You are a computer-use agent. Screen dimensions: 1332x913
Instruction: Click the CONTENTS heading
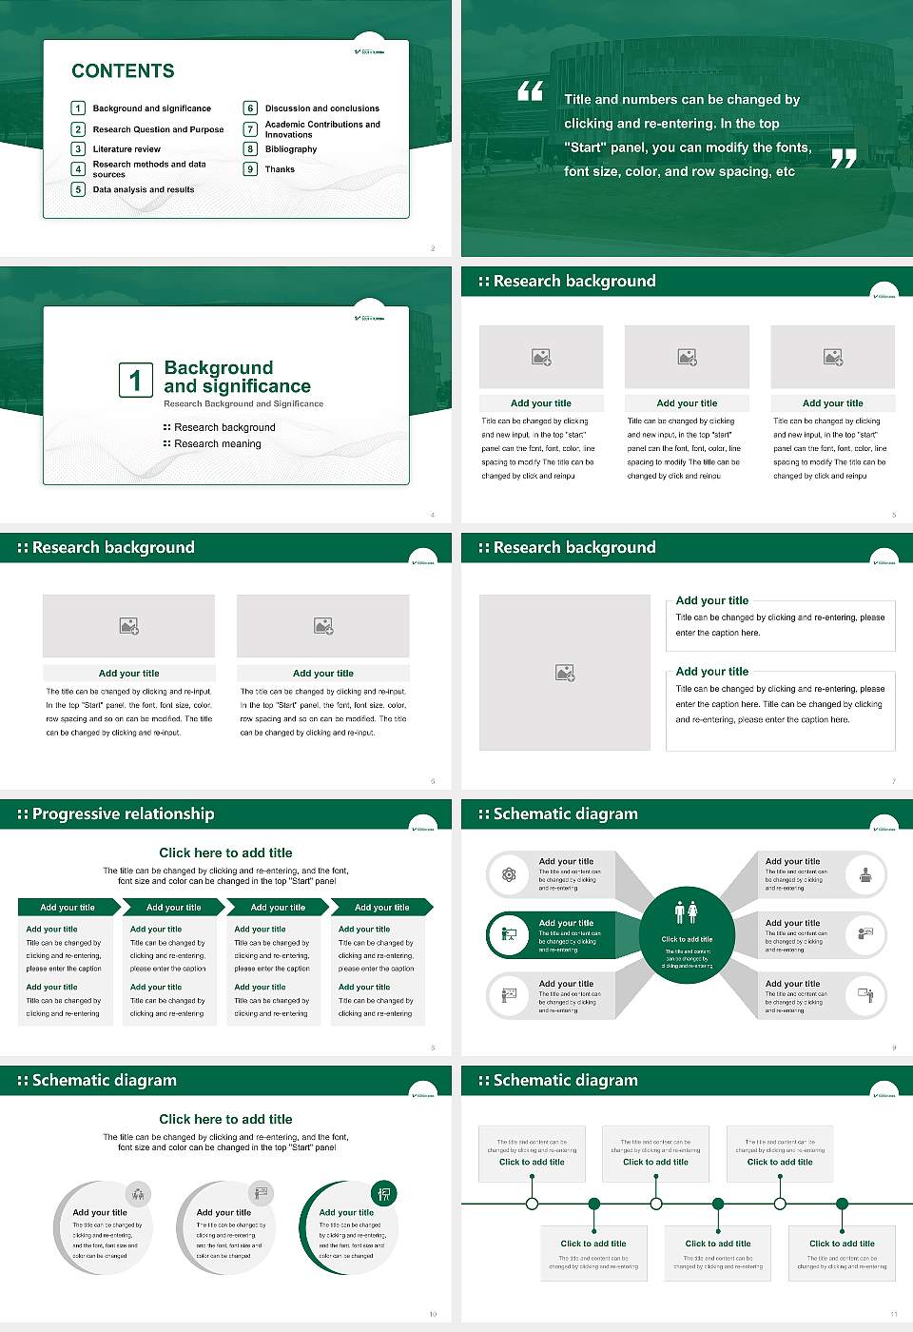point(123,71)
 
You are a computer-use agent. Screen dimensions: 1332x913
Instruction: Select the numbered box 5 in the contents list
point(79,189)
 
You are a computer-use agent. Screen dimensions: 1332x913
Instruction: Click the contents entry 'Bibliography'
point(291,149)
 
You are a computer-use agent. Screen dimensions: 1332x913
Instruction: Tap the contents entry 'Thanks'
point(280,169)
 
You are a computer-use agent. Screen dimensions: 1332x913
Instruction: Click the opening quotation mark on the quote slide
point(530,91)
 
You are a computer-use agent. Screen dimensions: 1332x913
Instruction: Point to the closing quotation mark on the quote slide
point(844,159)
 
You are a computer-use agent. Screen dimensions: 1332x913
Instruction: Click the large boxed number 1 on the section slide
point(135,380)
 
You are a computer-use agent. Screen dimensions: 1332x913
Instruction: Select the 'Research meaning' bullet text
point(217,444)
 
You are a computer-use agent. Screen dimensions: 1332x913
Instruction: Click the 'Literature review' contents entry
point(126,149)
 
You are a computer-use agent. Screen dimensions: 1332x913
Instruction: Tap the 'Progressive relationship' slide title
point(123,813)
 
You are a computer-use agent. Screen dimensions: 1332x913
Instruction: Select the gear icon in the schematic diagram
point(509,874)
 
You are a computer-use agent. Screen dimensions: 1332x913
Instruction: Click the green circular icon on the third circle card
point(384,1193)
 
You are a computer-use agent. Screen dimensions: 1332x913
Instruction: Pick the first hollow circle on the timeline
point(532,1204)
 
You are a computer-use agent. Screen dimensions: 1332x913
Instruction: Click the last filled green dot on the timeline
point(842,1204)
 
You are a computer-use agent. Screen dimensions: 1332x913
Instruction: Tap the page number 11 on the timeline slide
point(893,1314)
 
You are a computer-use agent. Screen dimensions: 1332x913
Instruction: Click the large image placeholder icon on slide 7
point(565,673)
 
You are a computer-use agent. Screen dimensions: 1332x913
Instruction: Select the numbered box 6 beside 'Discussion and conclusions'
point(251,108)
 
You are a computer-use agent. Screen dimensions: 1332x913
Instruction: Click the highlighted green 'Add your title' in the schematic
point(566,923)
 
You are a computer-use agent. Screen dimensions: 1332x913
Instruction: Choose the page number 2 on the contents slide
point(433,248)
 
